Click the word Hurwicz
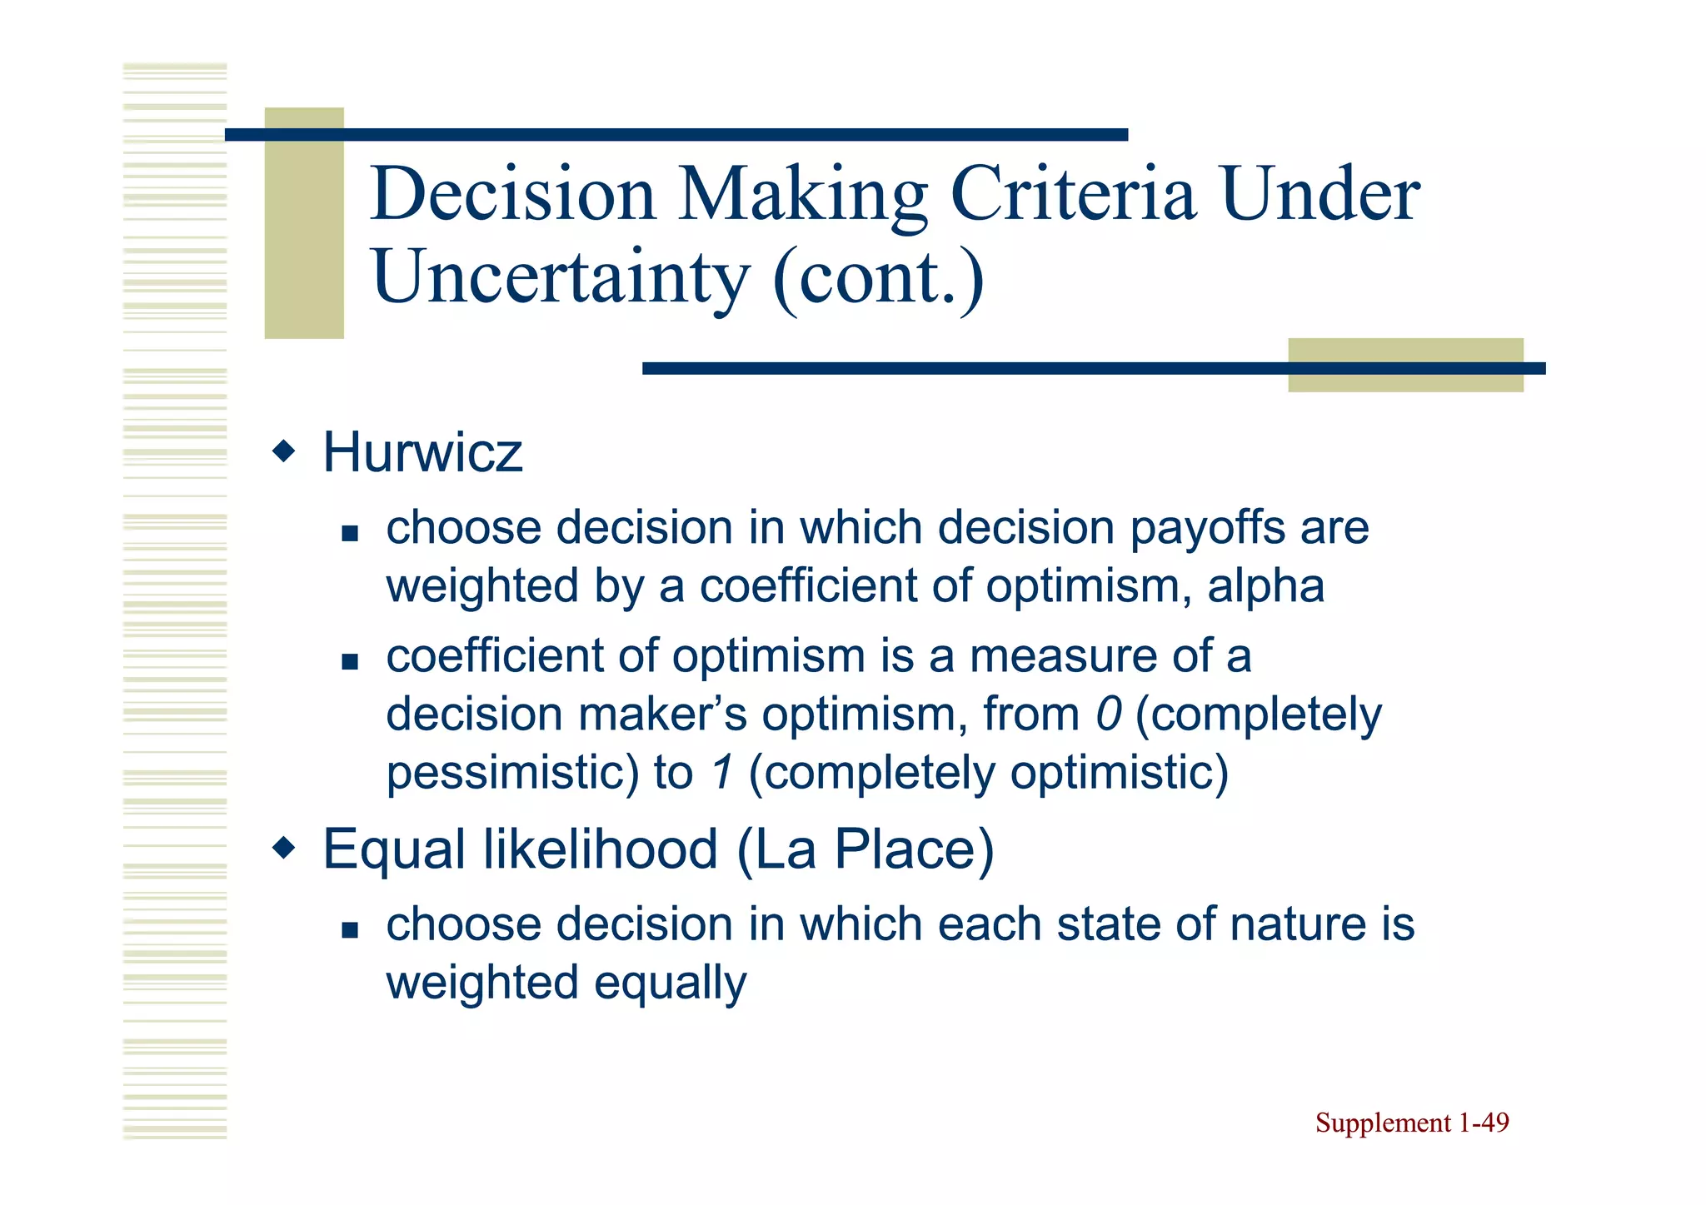coord(422,453)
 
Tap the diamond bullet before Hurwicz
coord(284,452)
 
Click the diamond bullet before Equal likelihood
coord(284,849)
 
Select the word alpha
coord(1265,585)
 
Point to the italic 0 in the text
coord(1108,715)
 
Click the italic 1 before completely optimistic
coord(721,773)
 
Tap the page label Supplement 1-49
coord(1412,1123)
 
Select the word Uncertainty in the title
coord(561,277)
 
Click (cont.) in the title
coord(879,277)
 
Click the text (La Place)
coord(865,849)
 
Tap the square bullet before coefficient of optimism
coord(350,662)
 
